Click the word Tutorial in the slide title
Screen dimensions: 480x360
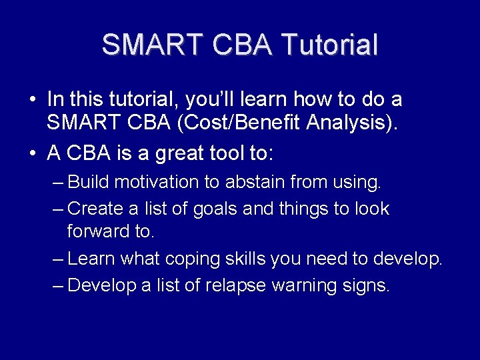point(329,44)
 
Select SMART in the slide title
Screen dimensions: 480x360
point(152,44)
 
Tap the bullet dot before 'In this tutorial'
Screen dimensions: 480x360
point(33,99)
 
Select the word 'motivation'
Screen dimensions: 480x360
point(157,181)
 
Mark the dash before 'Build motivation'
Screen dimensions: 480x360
point(58,183)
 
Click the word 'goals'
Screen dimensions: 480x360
point(215,209)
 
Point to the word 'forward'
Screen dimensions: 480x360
point(98,231)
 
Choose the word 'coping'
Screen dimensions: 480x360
point(192,259)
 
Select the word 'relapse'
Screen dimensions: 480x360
point(235,286)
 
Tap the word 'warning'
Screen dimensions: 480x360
point(304,286)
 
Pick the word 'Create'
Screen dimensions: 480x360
point(95,209)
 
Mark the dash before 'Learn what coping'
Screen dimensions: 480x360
point(58,259)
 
